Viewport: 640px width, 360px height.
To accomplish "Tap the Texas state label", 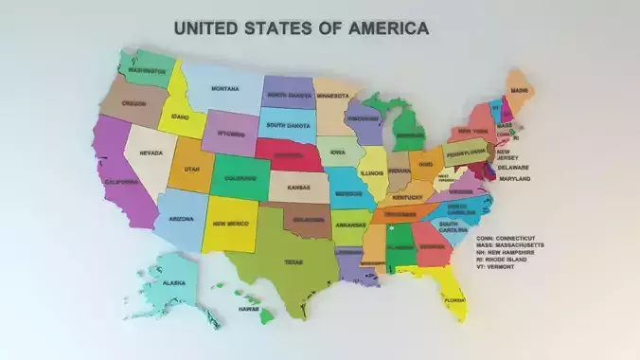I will click(x=293, y=262).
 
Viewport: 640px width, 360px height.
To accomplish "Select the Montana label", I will click(x=224, y=89).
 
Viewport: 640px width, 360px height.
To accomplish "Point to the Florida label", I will click(x=455, y=300).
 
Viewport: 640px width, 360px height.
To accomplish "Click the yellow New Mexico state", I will click(x=231, y=224).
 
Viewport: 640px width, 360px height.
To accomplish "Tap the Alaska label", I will click(x=173, y=282).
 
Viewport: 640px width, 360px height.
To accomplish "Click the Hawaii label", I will click(x=249, y=309).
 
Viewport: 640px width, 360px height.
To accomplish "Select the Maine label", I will click(x=520, y=90).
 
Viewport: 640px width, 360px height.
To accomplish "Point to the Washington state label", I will click(x=147, y=70).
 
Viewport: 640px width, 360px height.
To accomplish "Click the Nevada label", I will click(x=151, y=153).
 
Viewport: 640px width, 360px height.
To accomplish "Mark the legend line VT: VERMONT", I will click(x=496, y=267).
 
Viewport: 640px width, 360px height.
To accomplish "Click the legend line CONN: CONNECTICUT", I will click(x=507, y=238).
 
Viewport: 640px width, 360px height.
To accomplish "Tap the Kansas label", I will click(x=299, y=187).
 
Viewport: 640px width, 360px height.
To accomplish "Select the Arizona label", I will click(x=181, y=219).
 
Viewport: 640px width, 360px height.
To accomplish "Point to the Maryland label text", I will click(x=514, y=178).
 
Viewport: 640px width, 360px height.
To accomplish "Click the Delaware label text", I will click(x=513, y=168).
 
